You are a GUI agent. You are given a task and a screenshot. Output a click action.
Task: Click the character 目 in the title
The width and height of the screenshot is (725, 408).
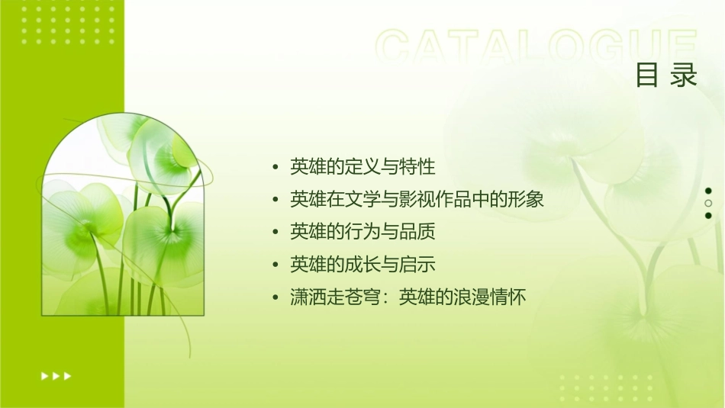click(647, 75)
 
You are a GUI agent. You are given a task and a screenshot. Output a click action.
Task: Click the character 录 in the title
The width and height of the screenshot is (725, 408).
click(685, 75)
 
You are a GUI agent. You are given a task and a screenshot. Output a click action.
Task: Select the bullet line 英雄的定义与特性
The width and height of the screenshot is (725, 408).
click(362, 166)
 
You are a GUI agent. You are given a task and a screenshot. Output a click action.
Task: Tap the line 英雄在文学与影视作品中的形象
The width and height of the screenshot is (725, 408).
click(417, 200)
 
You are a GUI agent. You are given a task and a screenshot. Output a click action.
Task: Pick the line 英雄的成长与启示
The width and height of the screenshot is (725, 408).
click(362, 265)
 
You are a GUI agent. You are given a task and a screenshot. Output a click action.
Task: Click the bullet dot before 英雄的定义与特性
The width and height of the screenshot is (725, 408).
click(275, 167)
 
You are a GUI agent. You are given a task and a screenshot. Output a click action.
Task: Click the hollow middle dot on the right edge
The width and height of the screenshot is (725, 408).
click(708, 204)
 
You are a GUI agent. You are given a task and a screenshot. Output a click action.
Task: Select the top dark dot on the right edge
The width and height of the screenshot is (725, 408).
click(708, 191)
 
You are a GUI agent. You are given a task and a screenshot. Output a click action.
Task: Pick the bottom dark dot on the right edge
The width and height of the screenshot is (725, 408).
click(708, 216)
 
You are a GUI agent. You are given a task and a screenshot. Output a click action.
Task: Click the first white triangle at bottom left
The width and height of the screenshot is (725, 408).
click(43, 375)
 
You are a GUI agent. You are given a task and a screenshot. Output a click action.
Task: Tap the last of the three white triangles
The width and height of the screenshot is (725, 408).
click(68, 375)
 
